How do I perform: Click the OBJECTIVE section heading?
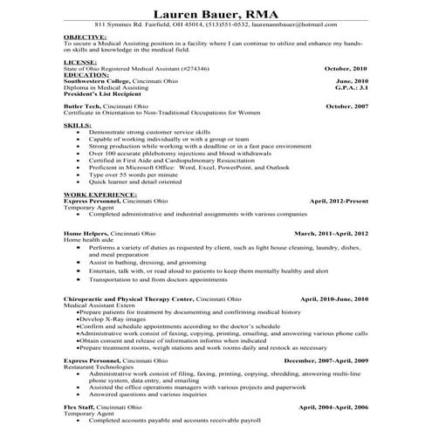84,38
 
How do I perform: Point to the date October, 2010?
346,68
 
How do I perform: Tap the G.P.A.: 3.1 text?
353,88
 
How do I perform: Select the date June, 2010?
351,81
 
